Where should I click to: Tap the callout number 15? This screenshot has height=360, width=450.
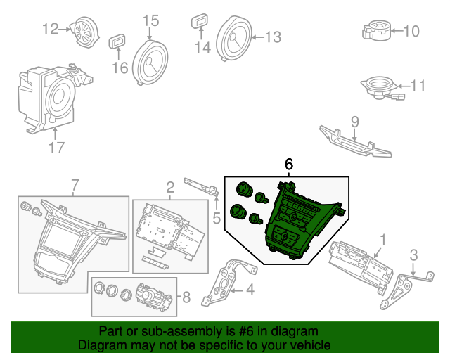151,21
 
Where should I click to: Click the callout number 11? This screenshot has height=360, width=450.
418,86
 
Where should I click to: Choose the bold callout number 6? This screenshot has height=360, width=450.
289,164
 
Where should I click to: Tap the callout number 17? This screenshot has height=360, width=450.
56,148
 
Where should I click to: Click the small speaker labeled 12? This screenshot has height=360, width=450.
86,31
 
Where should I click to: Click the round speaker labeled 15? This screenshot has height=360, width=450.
150,62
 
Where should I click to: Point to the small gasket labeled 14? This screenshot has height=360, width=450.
200,22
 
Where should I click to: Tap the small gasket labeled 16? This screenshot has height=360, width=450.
117,41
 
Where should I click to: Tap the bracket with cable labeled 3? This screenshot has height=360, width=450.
401,288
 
